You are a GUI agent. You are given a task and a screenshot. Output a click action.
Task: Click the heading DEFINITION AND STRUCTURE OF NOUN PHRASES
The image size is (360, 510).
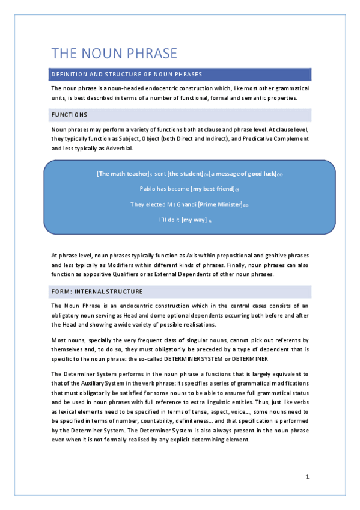click(x=126, y=75)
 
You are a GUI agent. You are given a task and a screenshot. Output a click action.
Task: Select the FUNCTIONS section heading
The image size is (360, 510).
click(x=69, y=115)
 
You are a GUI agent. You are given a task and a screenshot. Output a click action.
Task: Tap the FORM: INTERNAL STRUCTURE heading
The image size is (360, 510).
click(x=97, y=292)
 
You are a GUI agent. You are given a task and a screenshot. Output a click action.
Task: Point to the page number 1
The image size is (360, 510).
click(x=307, y=477)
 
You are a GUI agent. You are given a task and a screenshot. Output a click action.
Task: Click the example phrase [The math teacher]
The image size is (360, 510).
click(x=123, y=174)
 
